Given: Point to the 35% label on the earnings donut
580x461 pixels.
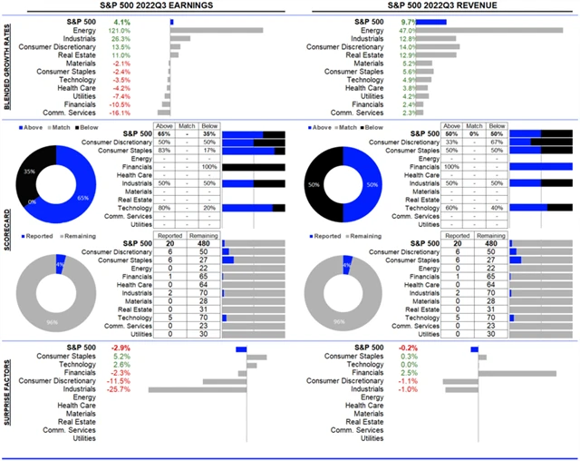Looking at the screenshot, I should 29,170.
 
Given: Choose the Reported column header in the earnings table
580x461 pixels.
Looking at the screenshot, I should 170,235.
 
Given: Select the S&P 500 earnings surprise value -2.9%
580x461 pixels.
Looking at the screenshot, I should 120,348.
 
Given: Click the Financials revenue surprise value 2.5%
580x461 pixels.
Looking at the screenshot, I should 409,373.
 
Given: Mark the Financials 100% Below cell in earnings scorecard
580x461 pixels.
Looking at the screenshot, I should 205,167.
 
